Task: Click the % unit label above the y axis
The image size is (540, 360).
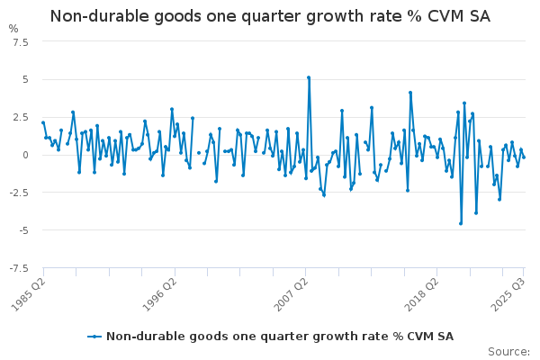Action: [13, 28]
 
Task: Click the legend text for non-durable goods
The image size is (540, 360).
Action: [279, 337]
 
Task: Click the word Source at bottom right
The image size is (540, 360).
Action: [508, 351]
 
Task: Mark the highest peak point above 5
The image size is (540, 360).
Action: [309, 77]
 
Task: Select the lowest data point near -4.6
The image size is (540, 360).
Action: [461, 223]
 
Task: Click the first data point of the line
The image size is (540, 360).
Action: [42, 122]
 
